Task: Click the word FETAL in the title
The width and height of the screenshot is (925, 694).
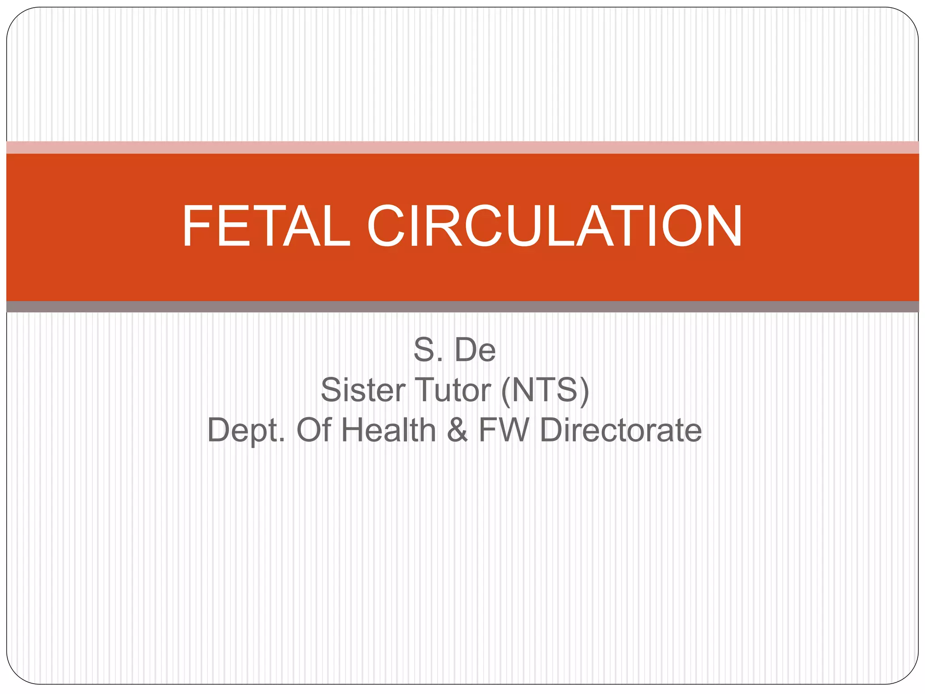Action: point(266,226)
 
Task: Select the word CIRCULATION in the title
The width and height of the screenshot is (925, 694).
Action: point(555,226)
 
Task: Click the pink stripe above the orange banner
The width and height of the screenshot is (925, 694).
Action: point(462,147)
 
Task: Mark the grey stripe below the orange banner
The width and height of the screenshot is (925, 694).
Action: point(462,307)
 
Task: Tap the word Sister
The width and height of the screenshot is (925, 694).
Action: point(361,390)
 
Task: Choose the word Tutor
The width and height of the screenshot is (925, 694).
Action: point(453,390)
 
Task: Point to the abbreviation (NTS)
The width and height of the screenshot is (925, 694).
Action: point(545,390)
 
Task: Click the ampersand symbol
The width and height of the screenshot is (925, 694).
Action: point(457,430)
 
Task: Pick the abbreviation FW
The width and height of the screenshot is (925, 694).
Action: point(503,430)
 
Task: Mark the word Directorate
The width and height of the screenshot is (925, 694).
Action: point(621,430)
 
